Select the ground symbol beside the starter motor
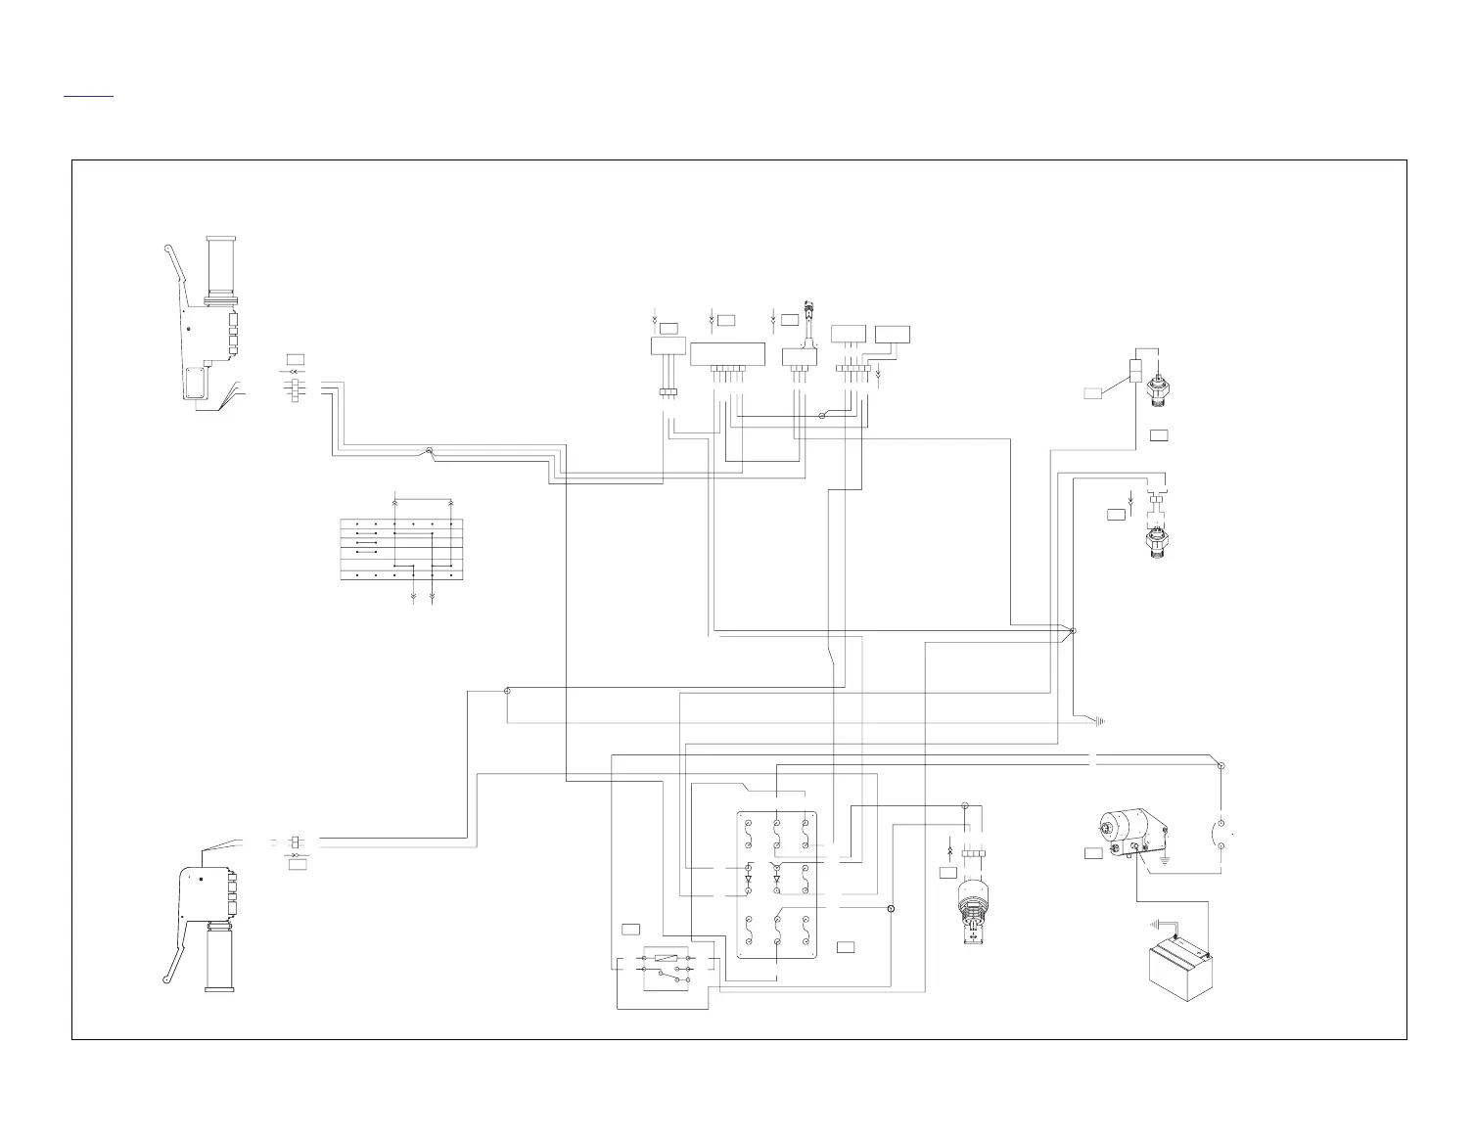[1165, 861]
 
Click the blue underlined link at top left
[88, 96]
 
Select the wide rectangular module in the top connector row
[727, 354]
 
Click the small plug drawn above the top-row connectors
[809, 312]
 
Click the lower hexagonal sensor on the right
[1157, 543]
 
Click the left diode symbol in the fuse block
[748, 880]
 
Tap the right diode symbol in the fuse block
[776, 880]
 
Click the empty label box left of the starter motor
[1094, 853]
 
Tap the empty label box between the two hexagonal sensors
[1159, 434]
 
